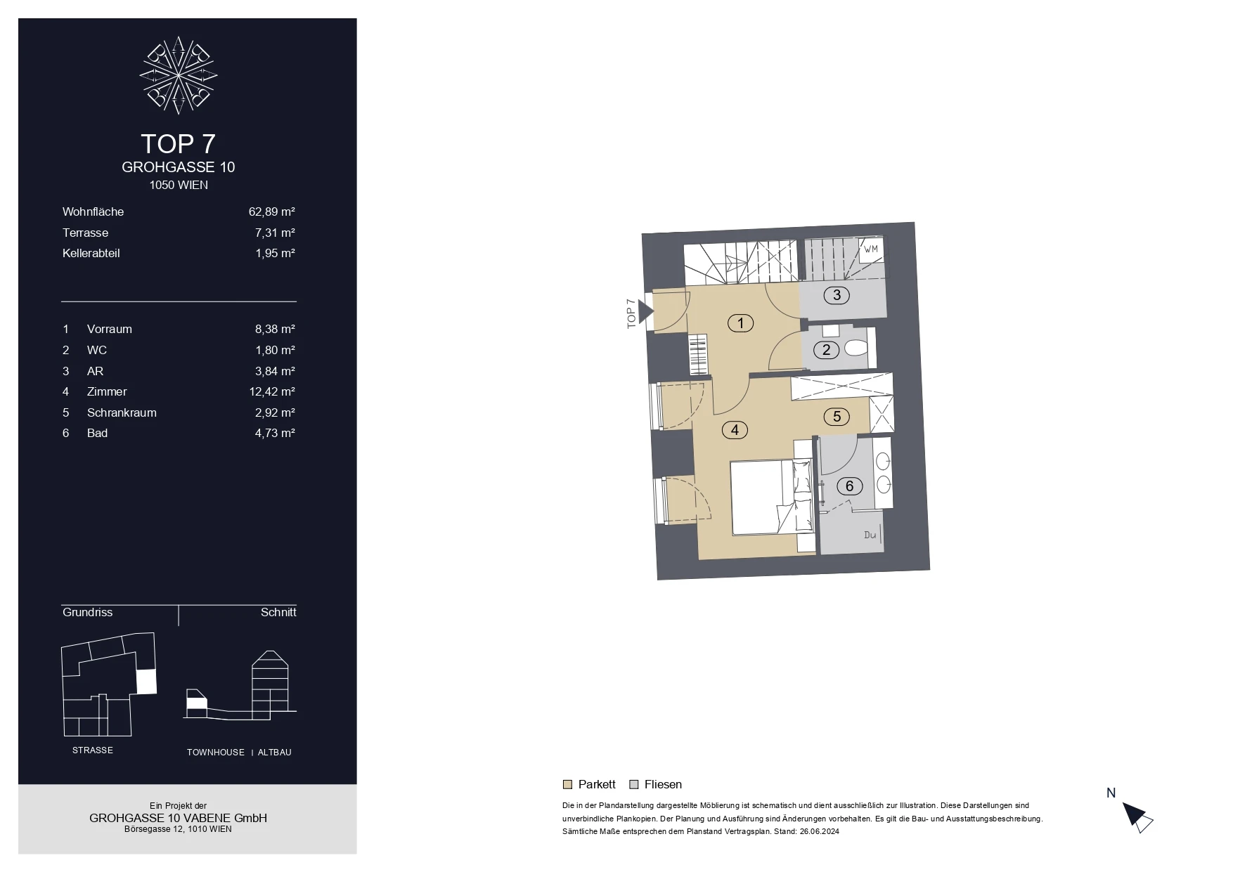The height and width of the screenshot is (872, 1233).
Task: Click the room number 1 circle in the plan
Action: tap(740, 323)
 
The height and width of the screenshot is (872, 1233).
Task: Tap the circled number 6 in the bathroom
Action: tap(849, 486)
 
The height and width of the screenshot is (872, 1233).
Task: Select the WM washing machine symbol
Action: tap(870, 249)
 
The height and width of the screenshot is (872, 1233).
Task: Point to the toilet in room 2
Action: tap(856, 348)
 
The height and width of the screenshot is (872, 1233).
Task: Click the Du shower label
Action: tap(870, 535)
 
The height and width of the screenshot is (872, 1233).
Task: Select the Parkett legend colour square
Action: tap(567, 785)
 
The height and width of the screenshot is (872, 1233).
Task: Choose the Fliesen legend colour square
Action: tap(633, 785)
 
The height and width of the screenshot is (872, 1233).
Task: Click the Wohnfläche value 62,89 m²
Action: tap(271, 212)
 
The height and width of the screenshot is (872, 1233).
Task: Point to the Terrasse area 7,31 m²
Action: tap(275, 233)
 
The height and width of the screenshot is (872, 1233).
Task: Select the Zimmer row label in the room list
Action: tap(107, 391)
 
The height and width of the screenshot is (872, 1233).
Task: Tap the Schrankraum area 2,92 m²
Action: tap(275, 412)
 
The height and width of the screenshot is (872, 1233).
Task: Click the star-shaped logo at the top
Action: tap(179, 74)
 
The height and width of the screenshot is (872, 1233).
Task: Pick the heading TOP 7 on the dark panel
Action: tap(178, 143)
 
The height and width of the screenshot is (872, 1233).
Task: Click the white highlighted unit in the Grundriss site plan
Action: tap(146, 682)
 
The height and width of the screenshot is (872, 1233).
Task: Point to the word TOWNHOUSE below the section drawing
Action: tap(216, 753)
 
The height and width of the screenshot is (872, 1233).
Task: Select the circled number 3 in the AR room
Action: tap(837, 295)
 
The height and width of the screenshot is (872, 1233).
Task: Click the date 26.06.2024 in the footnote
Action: tap(820, 832)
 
